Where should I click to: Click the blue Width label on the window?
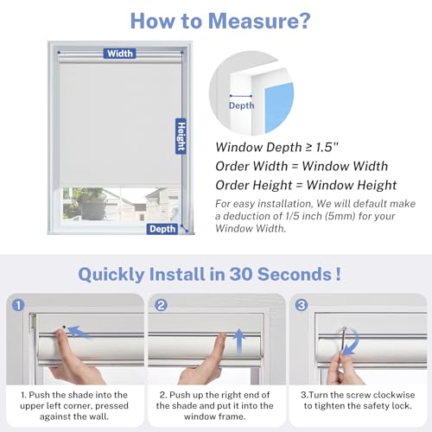pyautogui.click(x=119, y=54)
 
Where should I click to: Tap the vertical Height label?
pyautogui.click(x=181, y=137)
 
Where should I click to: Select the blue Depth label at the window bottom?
pyautogui.click(x=162, y=229)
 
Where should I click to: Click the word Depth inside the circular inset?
pyautogui.click(x=241, y=105)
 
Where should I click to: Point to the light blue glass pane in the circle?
pyautogui.click(x=279, y=107)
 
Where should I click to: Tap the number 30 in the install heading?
pyautogui.click(x=241, y=274)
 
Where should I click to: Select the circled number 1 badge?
pyautogui.click(x=18, y=305)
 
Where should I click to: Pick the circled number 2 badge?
pyautogui.click(x=161, y=305)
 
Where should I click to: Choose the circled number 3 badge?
pyautogui.click(x=302, y=305)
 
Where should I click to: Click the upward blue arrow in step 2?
pyautogui.click(x=238, y=340)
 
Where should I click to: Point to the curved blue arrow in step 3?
pyautogui.click(x=353, y=343)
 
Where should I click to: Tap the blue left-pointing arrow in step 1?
pyautogui.click(x=79, y=332)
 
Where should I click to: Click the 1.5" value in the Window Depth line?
pyautogui.click(x=327, y=147)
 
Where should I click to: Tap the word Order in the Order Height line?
pyautogui.click(x=232, y=185)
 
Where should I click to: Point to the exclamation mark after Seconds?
pyautogui.click(x=338, y=274)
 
